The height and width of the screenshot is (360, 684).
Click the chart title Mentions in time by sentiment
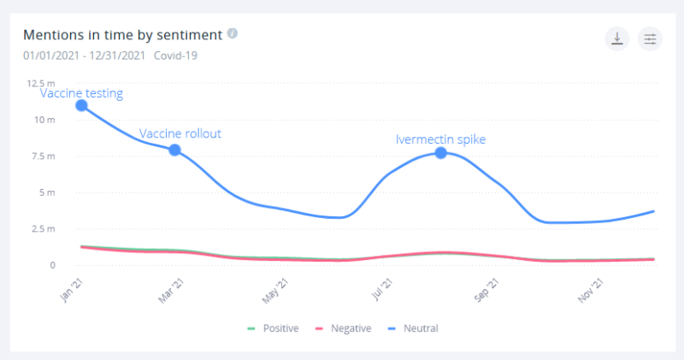point(122,35)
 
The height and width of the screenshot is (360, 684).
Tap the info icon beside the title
point(232,34)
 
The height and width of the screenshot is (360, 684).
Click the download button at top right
point(616,38)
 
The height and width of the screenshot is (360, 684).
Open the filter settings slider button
point(650,38)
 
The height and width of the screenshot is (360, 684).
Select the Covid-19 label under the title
point(176,56)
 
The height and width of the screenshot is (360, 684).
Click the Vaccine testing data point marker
point(81,105)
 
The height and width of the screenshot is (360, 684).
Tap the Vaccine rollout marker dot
point(174,150)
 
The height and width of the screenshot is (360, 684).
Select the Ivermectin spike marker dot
point(440,152)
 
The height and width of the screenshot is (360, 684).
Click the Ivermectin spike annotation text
point(440,139)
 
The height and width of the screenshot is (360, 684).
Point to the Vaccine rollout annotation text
point(180,133)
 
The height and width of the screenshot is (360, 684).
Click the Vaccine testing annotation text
point(81,93)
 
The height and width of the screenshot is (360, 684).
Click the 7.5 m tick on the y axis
point(44,156)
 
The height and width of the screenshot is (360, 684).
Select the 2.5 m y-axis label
point(44,229)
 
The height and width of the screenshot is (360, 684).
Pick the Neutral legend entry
point(415,328)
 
